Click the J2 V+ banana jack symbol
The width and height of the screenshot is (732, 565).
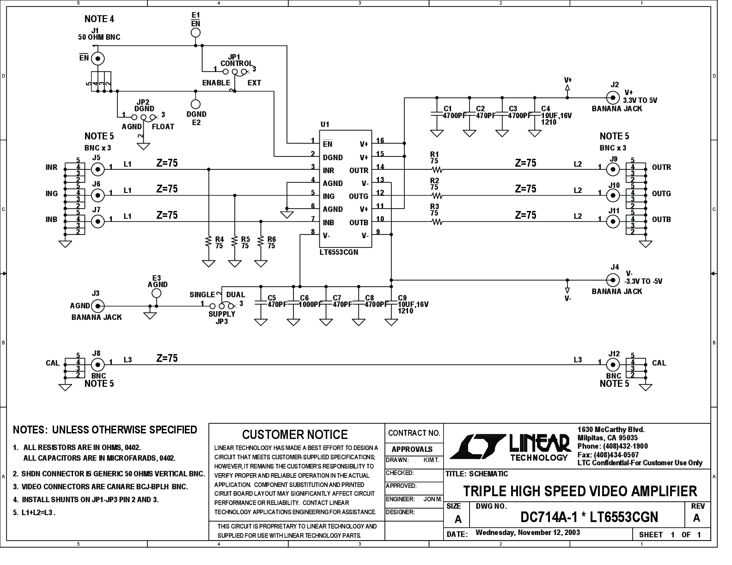[612, 98]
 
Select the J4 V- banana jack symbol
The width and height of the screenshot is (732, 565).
[612, 280]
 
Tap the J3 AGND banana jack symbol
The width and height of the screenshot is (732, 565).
[98, 306]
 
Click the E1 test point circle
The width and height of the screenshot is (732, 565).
[195, 33]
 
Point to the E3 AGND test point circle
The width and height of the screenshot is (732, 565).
[156, 294]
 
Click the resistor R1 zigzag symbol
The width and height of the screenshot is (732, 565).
[437, 169]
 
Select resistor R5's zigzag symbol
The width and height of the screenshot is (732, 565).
[235, 241]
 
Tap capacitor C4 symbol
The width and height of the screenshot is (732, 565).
[535, 114]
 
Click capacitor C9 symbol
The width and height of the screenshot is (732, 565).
[391, 302]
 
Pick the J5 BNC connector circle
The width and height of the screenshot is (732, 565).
[98, 169]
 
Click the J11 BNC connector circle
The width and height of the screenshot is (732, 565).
[612, 222]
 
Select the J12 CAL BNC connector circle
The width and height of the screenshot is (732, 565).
[612, 365]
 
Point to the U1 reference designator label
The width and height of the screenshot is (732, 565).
[325, 125]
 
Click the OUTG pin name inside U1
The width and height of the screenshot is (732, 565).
[359, 196]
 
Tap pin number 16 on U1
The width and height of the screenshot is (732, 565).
[380, 140]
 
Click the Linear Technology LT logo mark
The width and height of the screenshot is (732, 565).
[478, 446]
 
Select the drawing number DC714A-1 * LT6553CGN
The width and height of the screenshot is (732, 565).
[589, 517]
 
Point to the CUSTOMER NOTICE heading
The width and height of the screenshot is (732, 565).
[295, 435]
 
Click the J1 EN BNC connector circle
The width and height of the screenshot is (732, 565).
[98, 59]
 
